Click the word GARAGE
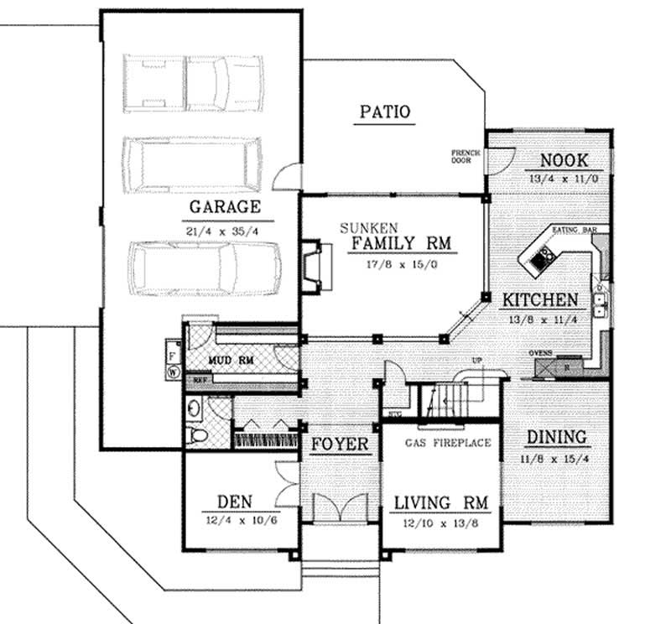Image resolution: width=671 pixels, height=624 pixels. (224, 206)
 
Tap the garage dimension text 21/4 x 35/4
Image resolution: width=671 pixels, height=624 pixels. (224, 230)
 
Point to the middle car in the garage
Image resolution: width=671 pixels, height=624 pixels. (193, 164)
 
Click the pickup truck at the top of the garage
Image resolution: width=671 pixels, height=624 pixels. (193, 83)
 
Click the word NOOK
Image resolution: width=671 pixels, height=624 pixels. (564, 161)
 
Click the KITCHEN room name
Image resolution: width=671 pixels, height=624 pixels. (539, 299)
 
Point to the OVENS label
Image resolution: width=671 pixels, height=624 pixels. (540, 353)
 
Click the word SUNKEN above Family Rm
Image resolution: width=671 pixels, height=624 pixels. (369, 227)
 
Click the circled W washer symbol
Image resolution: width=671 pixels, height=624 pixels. (174, 369)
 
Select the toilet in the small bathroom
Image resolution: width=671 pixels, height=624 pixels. (197, 435)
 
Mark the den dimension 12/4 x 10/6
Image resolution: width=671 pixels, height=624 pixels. (229, 521)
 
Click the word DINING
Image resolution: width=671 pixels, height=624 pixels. (556, 437)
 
